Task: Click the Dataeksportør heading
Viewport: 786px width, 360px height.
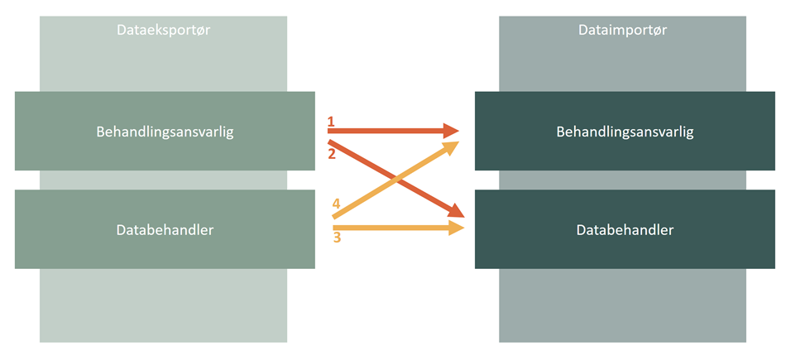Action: click(164, 30)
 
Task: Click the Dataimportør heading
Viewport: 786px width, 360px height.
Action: click(622, 30)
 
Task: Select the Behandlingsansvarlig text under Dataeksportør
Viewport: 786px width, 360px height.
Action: click(165, 132)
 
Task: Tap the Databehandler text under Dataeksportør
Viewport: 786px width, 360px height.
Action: click(165, 229)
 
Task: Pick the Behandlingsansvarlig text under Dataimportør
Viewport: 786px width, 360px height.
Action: click(625, 132)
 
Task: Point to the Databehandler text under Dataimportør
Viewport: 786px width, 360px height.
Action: click(625, 229)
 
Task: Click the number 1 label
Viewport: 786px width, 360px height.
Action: click(331, 122)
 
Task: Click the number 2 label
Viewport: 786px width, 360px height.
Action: click(331, 154)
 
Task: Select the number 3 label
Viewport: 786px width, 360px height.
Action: click(337, 238)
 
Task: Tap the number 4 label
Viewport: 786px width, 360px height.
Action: click(337, 204)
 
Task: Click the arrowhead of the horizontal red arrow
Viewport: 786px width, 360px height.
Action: click(452, 131)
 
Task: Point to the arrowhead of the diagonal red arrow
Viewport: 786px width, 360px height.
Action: click(456, 213)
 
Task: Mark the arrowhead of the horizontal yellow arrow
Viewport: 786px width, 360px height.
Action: click(454, 227)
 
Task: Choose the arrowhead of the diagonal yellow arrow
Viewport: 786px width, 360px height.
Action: click(451, 147)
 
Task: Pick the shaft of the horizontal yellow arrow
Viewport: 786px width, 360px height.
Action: click(389, 227)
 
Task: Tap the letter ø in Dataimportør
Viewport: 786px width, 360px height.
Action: click(655, 30)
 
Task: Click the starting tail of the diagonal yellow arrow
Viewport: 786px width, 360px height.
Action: click(335, 217)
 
